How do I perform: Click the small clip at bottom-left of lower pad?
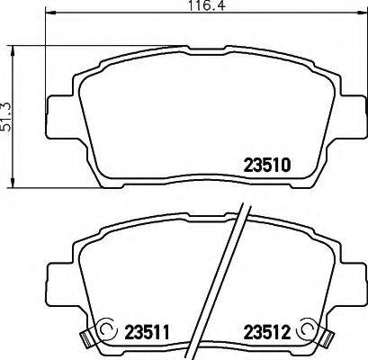point(87,341)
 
